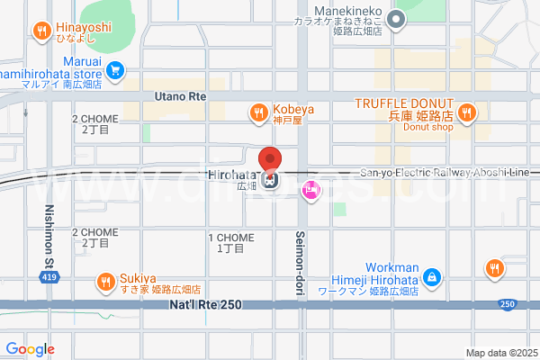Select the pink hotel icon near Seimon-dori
pos(310,190)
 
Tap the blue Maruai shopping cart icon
pos(114,69)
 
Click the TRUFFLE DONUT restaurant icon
pos(465,112)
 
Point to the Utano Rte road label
pos(180,95)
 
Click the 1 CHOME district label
pos(230,238)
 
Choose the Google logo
pos(30,349)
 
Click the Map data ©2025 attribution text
pos(499,352)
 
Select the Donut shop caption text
pos(427,127)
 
